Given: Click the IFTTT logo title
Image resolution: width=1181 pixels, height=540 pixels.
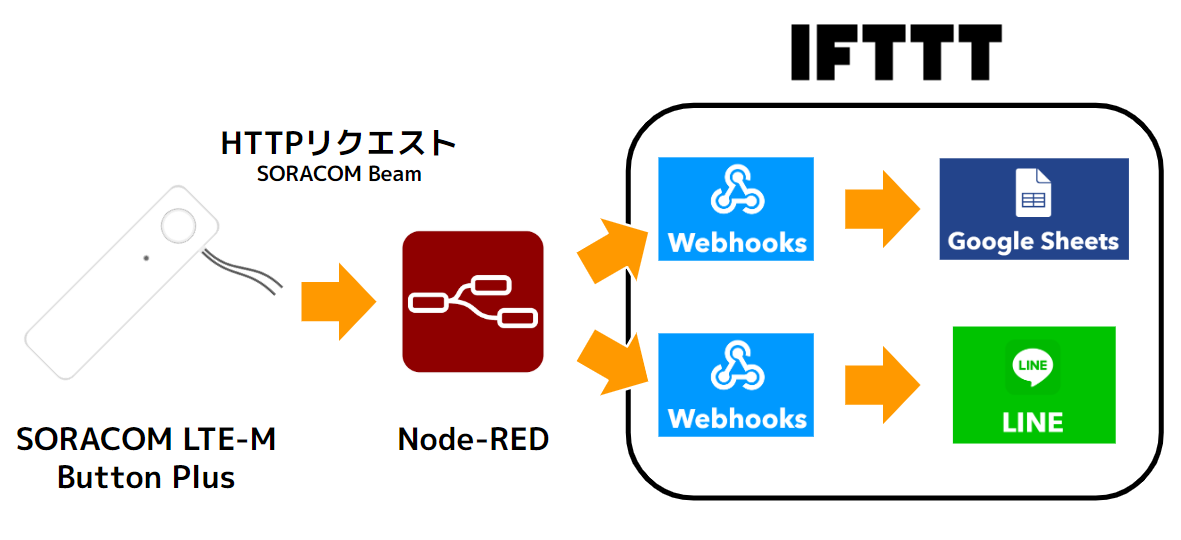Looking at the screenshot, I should pos(895,52).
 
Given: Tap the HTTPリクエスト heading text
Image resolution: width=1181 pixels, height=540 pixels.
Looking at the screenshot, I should pos(338,143).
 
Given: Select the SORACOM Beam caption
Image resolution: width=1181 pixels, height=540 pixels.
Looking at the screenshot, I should pos(338,174).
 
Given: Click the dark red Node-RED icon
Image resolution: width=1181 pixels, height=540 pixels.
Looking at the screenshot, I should pos(472,301).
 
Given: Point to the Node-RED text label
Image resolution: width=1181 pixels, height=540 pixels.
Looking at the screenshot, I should pos(473,439).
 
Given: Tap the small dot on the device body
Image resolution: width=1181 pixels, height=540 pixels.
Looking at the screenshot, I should pos(146,258).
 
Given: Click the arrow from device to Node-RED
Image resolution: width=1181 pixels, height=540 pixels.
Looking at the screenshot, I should pos(337,301).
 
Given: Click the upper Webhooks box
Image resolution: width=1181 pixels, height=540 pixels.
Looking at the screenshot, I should pos(735,209).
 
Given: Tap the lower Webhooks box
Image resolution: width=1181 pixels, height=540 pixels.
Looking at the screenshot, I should pos(735,385).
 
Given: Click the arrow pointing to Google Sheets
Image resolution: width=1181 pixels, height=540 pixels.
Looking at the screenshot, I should pos(881,209).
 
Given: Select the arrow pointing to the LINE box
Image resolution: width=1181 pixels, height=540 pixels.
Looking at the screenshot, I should pos(881,385).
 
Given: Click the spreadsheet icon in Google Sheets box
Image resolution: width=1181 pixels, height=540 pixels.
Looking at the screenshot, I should pos(1031,192).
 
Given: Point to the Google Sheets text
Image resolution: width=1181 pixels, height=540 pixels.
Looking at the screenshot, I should pos(1033,241).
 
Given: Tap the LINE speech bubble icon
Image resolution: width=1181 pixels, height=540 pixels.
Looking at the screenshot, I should pos(1032,366).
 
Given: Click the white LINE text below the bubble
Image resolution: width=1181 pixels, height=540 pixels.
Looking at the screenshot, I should pos(1032,422).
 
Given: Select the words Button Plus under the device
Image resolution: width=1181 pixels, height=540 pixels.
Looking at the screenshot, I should pos(146,477).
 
